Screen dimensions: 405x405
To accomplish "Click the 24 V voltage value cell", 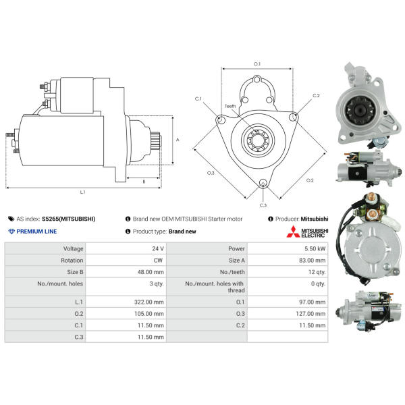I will click(158, 249).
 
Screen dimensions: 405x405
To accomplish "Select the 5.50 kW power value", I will click(315, 249).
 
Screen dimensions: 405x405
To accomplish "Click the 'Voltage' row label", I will click(72, 249).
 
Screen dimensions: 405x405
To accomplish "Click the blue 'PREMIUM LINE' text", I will click(36, 232).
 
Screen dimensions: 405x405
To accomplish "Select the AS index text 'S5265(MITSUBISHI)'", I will click(68, 219).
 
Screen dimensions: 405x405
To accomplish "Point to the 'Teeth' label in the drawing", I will click(230, 106).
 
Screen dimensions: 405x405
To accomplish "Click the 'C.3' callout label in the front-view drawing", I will click(263, 205).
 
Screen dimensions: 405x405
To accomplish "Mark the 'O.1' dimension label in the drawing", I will click(257, 63).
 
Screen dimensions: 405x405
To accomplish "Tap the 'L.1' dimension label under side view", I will click(82, 192).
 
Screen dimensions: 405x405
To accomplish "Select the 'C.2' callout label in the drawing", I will click(316, 96).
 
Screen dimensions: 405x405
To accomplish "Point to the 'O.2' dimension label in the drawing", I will click(310, 180).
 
